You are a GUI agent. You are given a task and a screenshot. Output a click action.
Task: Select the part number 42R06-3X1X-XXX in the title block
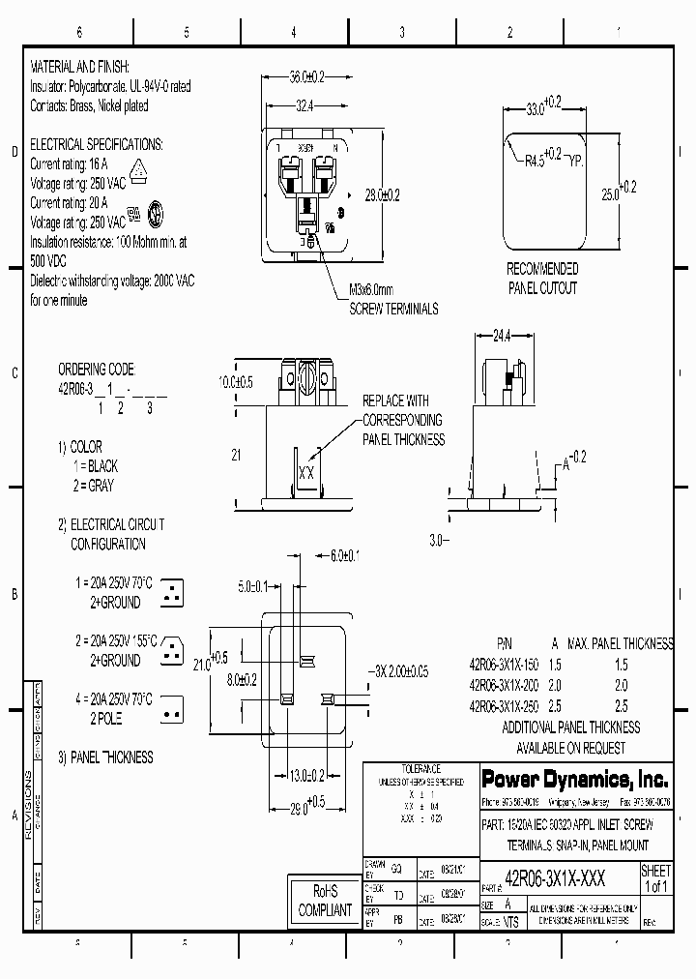[x=557, y=879]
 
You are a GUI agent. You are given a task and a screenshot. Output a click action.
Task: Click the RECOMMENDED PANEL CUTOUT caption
[x=542, y=278]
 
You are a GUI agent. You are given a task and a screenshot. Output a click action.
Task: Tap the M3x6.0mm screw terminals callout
[x=392, y=299]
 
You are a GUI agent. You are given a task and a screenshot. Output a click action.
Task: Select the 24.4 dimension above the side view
[x=502, y=337]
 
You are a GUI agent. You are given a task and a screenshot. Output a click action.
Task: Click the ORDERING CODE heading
[x=96, y=370]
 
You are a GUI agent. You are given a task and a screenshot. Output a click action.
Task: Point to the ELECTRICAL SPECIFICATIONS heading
[x=97, y=143]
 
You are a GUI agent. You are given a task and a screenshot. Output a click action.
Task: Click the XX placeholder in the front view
[x=306, y=473]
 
